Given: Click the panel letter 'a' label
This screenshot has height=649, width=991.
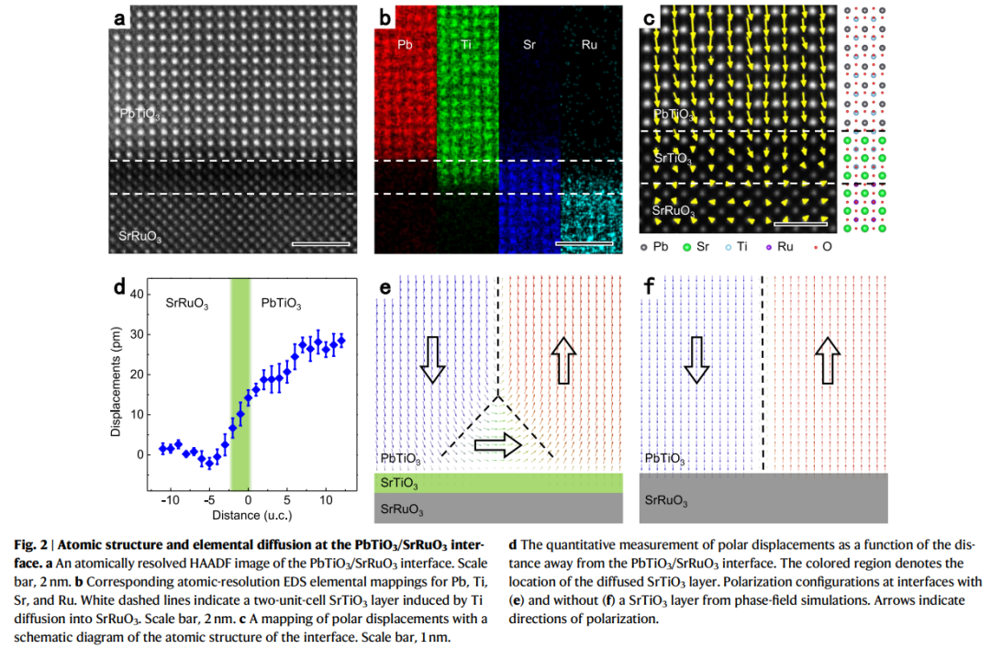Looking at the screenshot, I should (120, 17).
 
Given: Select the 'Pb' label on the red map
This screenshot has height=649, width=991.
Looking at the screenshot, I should (405, 44).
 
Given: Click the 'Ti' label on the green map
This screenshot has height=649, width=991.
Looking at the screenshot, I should (468, 44).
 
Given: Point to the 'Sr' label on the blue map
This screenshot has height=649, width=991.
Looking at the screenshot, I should (529, 44).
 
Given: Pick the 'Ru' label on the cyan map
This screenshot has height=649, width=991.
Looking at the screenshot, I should (589, 44).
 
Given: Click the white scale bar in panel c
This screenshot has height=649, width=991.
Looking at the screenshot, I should (801, 223).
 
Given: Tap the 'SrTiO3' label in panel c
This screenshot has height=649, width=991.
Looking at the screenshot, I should (673, 159).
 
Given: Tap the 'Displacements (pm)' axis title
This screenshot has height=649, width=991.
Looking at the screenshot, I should (117, 386).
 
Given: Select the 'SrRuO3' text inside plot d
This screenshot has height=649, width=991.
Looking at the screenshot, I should (190, 301).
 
